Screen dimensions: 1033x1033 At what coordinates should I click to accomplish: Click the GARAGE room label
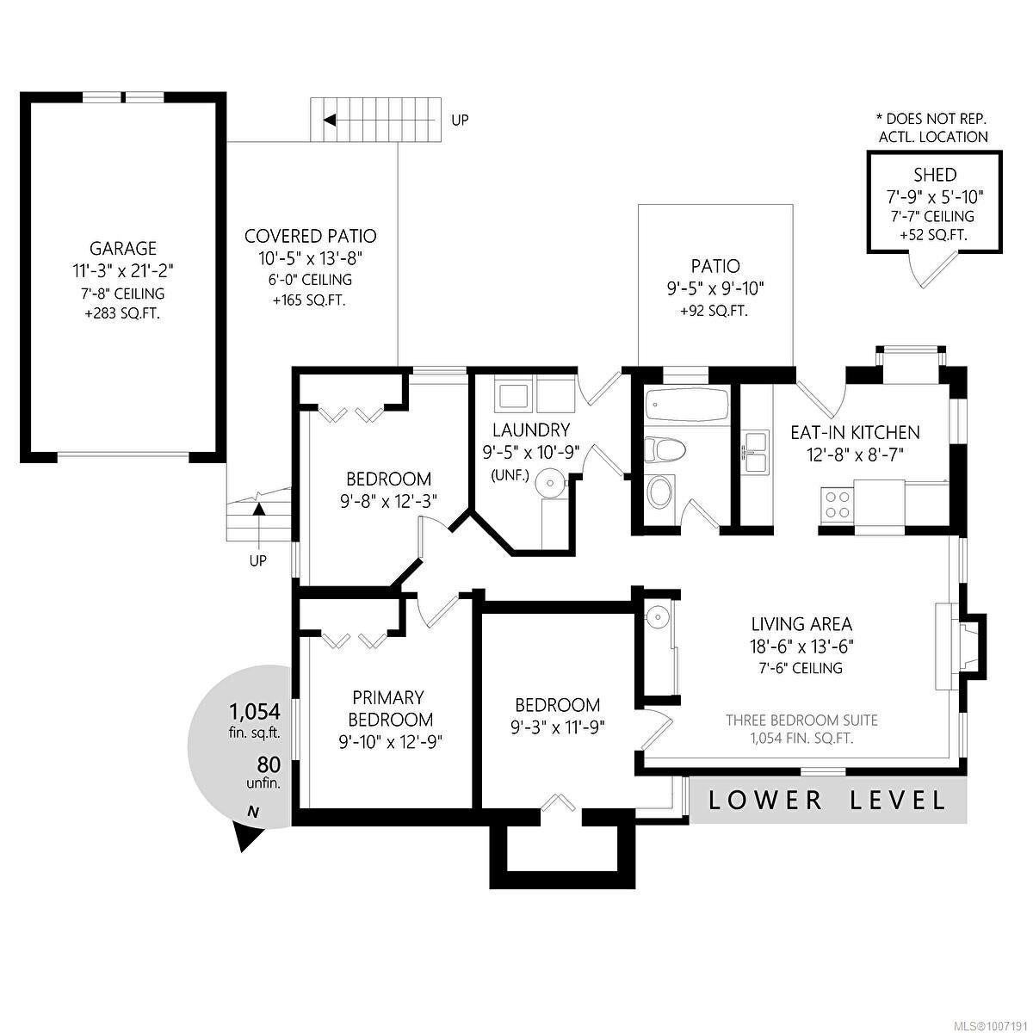click(x=123, y=248)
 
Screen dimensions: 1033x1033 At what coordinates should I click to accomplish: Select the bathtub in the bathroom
click(x=687, y=405)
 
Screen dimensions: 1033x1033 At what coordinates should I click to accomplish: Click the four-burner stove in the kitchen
click(x=837, y=504)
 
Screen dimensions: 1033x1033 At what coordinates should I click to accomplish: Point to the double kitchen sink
click(x=755, y=454)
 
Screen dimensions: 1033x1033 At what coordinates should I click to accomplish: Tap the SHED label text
click(x=934, y=175)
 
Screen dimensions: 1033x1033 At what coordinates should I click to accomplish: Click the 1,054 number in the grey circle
click(x=255, y=712)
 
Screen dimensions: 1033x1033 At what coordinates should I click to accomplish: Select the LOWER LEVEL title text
click(x=826, y=801)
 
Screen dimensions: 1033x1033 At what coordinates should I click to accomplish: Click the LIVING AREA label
click(x=801, y=624)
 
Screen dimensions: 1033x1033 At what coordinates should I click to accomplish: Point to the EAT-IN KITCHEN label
click(x=855, y=433)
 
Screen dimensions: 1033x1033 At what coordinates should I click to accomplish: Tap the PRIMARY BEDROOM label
click(x=388, y=708)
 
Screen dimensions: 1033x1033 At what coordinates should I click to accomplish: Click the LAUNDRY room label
click(x=531, y=430)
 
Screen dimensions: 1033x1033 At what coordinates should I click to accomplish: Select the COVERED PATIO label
click(x=311, y=236)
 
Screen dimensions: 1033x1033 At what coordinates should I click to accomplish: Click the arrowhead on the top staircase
click(x=329, y=120)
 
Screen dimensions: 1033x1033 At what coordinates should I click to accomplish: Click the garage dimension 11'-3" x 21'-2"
click(x=123, y=271)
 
